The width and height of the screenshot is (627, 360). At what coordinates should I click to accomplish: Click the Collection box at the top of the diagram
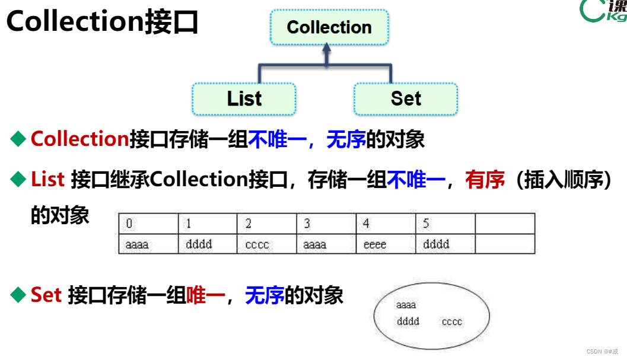329,27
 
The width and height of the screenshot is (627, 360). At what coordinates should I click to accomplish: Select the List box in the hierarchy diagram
244,98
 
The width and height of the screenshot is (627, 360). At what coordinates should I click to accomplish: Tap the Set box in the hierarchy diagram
406,98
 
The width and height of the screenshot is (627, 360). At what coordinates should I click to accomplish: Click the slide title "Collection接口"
102,23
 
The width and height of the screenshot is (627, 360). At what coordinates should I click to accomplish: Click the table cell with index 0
148,224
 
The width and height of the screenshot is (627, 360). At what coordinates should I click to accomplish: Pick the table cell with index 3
326,224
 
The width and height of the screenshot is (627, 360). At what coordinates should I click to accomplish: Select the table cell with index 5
445,224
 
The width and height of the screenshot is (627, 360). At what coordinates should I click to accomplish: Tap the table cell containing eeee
386,244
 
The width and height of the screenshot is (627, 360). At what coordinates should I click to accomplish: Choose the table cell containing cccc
267,244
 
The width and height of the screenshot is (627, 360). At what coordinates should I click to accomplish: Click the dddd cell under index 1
208,244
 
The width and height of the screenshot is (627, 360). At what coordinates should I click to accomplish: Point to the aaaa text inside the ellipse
406,305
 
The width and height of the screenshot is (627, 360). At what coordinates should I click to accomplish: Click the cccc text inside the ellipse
451,322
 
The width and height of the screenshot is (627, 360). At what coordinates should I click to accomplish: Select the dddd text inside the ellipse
408,321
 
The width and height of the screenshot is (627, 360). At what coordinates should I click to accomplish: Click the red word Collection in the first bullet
79,139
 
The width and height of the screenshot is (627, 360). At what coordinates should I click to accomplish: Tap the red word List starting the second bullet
47,180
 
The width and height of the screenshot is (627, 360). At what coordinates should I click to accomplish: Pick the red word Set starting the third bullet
46,295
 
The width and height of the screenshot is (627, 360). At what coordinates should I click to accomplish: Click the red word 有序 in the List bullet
485,180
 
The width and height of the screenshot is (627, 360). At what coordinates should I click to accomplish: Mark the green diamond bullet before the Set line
19,294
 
